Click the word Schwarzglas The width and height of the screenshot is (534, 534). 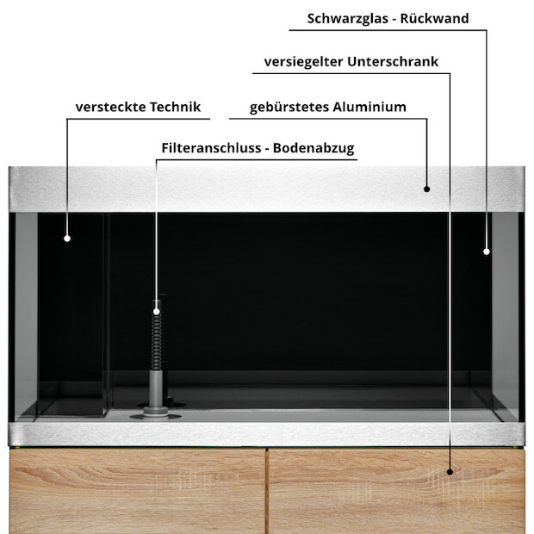[x=347, y=19]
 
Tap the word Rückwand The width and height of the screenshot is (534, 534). [x=434, y=18]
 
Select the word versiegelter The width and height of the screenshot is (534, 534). [x=303, y=62]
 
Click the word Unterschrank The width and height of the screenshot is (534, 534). [x=393, y=62]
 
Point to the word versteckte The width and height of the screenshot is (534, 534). [x=110, y=107]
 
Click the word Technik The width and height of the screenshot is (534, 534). [x=175, y=107]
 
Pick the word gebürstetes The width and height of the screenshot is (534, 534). [x=289, y=107]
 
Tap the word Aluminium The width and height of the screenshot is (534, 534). [x=369, y=107]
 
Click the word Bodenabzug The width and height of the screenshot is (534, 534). [x=314, y=148]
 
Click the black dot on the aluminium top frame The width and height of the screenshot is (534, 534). [x=426, y=189]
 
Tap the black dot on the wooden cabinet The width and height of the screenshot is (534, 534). [x=450, y=472]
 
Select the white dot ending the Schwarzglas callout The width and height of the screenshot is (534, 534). [x=487, y=251]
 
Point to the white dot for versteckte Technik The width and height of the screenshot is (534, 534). [x=67, y=239]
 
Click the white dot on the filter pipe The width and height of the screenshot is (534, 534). [x=156, y=311]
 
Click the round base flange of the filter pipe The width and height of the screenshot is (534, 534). [x=155, y=415]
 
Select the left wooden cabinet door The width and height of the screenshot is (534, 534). [x=137, y=491]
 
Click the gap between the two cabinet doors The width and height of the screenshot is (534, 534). [x=267, y=491]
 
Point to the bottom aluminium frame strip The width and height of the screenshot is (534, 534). [x=267, y=434]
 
